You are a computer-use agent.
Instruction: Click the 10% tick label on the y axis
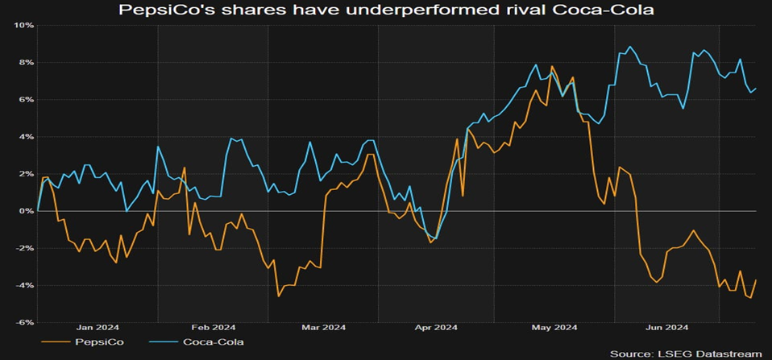click(x=23, y=25)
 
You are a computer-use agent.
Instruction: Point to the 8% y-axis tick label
click(x=25, y=62)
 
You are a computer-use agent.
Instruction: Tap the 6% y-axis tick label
click(x=25, y=99)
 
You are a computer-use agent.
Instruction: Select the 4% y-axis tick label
click(x=25, y=136)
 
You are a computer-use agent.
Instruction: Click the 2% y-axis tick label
click(x=25, y=173)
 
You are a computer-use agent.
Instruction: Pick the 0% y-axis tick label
click(x=25, y=210)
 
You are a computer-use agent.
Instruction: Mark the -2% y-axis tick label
click(x=23, y=248)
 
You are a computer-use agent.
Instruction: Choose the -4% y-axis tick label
click(x=23, y=285)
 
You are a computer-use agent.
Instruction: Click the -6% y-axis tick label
click(x=23, y=322)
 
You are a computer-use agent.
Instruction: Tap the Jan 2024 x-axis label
click(x=98, y=327)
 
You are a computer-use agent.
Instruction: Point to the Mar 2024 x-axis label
click(x=323, y=327)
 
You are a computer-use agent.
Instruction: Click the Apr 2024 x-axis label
click(x=435, y=327)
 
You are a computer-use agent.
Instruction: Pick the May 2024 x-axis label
click(x=555, y=327)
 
